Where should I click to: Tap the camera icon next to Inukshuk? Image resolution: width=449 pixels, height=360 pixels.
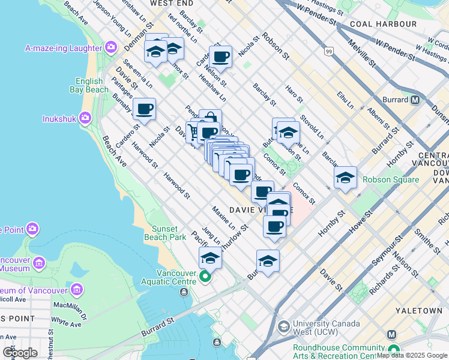point(86,118)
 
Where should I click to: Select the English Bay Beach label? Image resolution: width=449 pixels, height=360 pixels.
point(91,85)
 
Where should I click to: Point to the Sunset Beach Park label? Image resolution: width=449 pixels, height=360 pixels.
point(164,233)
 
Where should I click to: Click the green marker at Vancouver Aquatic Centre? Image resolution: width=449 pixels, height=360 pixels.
point(205,277)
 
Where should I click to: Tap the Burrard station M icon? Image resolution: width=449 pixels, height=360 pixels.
point(415,100)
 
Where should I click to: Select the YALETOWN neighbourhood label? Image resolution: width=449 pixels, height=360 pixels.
point(419,311)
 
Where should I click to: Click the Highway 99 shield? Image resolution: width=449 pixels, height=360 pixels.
point(328,52)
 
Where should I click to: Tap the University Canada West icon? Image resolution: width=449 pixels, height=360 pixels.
point(283,327)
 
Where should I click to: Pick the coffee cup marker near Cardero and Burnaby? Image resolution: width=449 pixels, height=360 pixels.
point(145,109)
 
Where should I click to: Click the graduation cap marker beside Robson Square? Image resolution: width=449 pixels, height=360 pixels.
point(346,178)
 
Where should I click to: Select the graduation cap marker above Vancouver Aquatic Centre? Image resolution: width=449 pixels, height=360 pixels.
point(210,258)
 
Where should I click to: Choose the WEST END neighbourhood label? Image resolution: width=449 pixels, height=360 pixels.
point(167,4)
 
